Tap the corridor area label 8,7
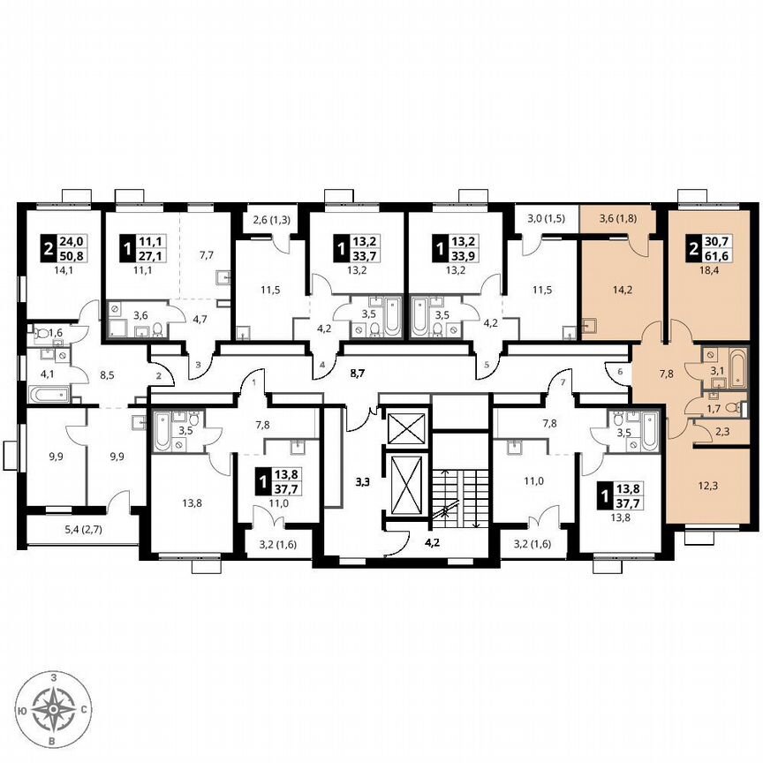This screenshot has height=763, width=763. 358,374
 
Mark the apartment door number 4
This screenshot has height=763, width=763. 322,364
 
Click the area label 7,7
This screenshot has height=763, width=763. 207,255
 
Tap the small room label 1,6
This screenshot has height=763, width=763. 57,332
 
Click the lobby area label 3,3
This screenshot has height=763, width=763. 362,482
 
